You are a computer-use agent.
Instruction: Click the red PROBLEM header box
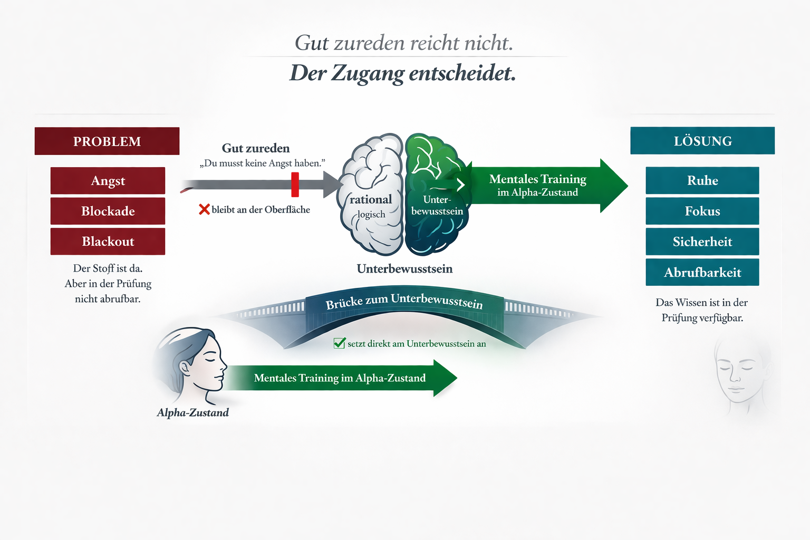pos(107,141)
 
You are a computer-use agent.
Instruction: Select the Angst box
pos(108,181)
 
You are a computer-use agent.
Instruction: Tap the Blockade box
pos(108,211)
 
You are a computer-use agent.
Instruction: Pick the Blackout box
pos(108,242)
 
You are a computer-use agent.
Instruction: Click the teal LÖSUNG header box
pos(702,141)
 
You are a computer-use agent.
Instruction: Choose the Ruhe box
pos(702,180)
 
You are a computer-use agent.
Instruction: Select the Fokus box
pos(702,211)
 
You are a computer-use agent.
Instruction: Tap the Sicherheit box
pos(702,242)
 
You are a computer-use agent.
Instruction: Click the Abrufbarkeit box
pos(702,272)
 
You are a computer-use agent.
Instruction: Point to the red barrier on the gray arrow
pos(295,185)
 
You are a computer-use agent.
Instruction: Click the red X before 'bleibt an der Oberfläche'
pos(204,209)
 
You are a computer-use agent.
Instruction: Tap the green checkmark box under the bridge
pos(340,343)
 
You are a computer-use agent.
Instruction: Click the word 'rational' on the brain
pos(371,199)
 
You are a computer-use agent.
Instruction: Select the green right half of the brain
pos(435,195)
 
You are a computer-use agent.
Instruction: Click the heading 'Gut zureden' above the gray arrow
pos(256,148)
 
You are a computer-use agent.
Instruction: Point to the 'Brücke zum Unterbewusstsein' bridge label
pos(404,302)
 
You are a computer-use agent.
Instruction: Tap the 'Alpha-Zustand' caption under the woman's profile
pos(193,412)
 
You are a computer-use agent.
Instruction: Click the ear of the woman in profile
pos(185,367)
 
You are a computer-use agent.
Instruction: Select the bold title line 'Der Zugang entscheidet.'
pos(403,73)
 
